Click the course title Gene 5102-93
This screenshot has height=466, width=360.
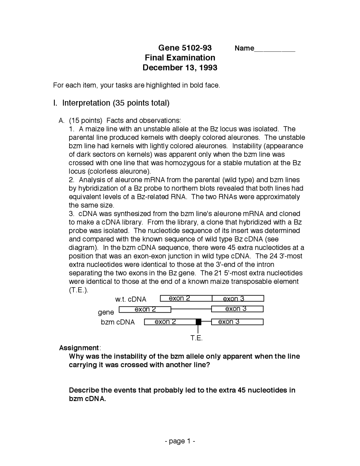coord(185,48)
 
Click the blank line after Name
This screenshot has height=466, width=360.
coord(275,50)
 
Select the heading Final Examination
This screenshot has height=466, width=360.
coord(180,58)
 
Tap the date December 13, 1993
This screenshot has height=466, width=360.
coord(180,68)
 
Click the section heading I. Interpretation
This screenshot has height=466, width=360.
coord(111,103)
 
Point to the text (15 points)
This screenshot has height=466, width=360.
coord(86,120)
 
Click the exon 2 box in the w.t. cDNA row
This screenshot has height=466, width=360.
coord(186,299)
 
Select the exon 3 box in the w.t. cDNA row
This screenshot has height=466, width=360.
coord(238,299)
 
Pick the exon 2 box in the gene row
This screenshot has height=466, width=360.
coord(145,310)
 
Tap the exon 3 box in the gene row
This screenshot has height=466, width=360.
coord(237,309)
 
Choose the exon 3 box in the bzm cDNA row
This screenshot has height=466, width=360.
coord(237,322)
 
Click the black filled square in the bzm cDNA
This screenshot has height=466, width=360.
coord(199,322)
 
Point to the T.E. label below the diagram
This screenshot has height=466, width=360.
coord(197,338)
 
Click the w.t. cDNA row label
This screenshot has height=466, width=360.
coord(131,299)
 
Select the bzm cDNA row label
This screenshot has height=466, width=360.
coord(118,322)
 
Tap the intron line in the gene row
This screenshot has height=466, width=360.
coord(191,309)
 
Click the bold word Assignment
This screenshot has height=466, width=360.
coord(79,348)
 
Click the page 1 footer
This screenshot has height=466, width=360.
coord(180,441)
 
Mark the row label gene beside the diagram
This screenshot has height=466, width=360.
coord(106,312)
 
